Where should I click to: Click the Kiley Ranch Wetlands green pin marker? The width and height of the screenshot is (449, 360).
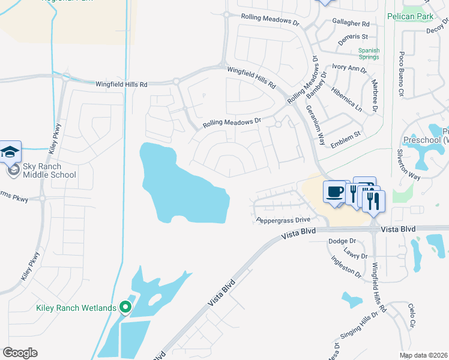[x=125, y=308]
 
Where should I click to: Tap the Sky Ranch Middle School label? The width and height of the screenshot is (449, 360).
[x=49, y=170]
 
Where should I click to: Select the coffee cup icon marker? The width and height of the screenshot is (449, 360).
[x=335, y=193]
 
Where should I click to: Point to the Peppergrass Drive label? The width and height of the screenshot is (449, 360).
[x=283, y=220]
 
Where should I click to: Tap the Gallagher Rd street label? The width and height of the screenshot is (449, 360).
[x=351, y=23]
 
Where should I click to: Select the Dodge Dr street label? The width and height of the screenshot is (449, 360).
[x=342, y=241]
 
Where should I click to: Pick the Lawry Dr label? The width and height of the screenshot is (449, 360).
[x=355, y=256]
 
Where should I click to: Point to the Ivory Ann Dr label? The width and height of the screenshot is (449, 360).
[x=349, y=70]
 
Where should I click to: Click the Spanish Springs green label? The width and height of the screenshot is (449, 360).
[x=369, y=53]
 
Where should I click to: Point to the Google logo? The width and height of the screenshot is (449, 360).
[x=20, y=352]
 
